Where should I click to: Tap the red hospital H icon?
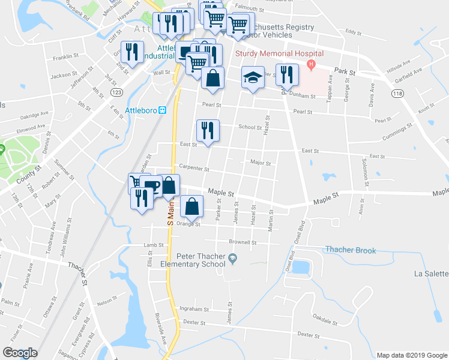pos(311,64)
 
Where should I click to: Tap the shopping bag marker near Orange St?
pos(191,206)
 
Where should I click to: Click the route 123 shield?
pos(116,92)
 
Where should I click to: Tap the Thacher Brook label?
pos(350,250)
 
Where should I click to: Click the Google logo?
pos(20,353)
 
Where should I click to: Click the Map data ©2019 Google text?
pos(412,355)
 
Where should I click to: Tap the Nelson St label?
pos(104,301)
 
